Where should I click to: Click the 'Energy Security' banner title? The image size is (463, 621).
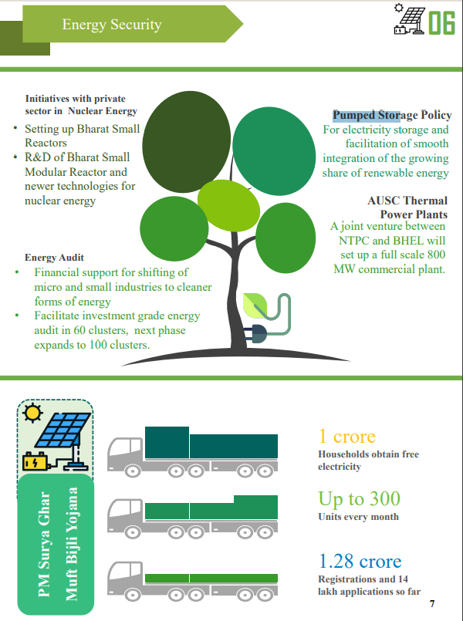coord(112,25)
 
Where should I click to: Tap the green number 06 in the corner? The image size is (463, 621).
coord(441,23)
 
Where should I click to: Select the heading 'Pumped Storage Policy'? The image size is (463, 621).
coord(392,115)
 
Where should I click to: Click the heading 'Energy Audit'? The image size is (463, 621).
coord(54,258)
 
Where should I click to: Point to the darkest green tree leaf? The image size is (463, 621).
coord(186,142)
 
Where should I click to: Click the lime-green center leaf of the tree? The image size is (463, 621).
coord(228,205)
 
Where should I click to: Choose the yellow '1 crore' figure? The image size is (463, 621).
coord(347,437)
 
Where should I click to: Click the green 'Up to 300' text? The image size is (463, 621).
coord(360,498)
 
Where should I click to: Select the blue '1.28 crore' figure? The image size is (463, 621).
coord(360,561)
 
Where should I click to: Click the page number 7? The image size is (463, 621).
coord(432,603)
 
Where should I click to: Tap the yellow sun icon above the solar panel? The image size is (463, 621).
coord(32,413)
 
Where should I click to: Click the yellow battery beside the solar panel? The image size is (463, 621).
coord(35,462)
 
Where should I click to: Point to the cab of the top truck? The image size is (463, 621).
coord(125,454)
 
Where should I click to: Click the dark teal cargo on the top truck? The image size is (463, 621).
coord(211,443)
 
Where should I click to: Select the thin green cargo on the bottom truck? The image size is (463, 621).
coord(211,579)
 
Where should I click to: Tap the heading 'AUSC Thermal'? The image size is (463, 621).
coord(407,201)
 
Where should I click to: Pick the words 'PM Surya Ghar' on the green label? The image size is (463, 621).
coord(44,544)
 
